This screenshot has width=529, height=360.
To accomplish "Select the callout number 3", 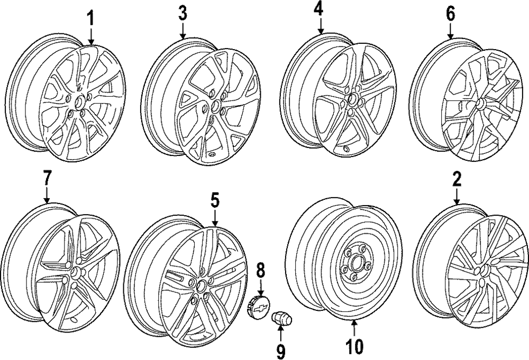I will pos(183,14).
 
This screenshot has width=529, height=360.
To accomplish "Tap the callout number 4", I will pos(319,10).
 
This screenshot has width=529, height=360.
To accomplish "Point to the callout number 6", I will pos(450,14).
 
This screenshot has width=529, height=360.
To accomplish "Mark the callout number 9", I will pos(280,349).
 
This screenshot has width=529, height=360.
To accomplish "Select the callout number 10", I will pos(354,346).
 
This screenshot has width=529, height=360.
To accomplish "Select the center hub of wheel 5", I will pos(200,286).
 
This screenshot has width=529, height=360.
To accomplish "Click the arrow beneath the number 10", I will pos(354,327).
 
